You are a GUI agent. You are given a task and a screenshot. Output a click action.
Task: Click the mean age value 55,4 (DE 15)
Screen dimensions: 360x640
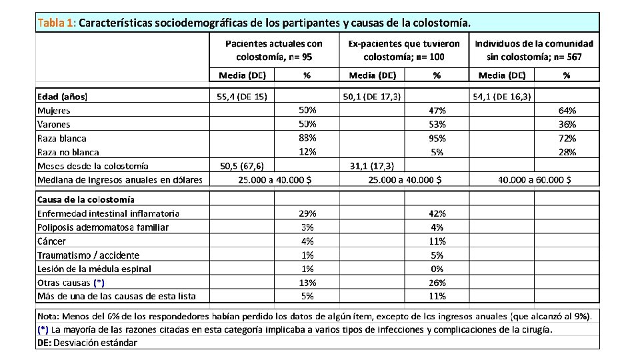tap(242, 97)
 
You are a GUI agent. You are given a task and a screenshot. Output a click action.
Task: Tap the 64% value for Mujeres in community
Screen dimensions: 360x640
tap(567, 111)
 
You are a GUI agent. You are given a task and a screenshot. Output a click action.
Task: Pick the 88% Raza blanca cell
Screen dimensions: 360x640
tap(307, 138)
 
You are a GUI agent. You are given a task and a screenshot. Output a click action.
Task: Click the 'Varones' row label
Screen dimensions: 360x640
tap(53, 124)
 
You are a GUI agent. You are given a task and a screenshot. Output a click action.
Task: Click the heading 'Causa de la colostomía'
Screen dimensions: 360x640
tap(86, 199)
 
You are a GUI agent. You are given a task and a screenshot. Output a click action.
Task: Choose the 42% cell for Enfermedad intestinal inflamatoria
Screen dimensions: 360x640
tap(437, 213)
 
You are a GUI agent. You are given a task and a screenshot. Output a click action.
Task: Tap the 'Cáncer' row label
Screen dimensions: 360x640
tap(51, 241)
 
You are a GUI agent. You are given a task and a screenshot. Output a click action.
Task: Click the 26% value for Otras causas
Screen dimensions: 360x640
tap(437, 283)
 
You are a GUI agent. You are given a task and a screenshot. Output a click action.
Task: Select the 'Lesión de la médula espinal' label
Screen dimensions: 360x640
tap(94, 269)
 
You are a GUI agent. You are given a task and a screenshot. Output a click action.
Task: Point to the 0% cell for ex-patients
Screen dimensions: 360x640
tap(437, 269)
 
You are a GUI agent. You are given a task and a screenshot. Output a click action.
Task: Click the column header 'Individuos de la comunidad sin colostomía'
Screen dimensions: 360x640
tap(534, 50)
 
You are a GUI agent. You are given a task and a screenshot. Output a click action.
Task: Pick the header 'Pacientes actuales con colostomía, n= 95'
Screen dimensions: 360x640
tap(274, 50)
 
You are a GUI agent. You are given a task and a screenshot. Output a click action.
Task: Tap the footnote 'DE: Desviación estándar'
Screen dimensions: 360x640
tap(87, 343)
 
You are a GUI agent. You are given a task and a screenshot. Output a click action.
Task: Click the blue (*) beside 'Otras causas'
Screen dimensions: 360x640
tap(99, 283)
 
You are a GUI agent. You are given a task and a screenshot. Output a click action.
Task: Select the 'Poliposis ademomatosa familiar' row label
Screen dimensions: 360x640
tap(103, 227)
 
